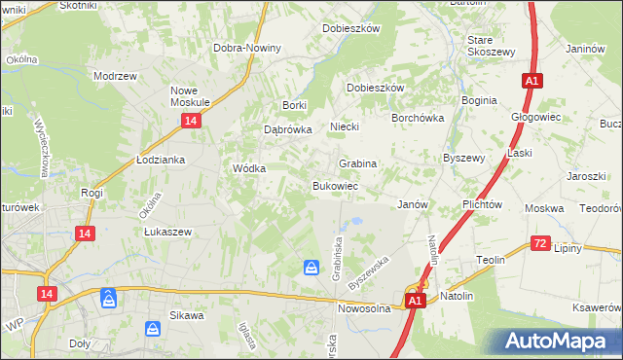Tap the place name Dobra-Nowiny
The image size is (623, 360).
tap(248, 48)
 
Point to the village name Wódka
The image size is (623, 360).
tap(249, 167)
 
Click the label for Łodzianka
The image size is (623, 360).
tap(161, 160)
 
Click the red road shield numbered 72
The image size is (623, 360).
tap(541, 243)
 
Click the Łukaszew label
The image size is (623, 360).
tap(167, 232)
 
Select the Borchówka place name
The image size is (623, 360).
tap(418, 117)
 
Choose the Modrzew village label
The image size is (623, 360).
tap(114, 75)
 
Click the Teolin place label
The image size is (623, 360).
tap(490, 260)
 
